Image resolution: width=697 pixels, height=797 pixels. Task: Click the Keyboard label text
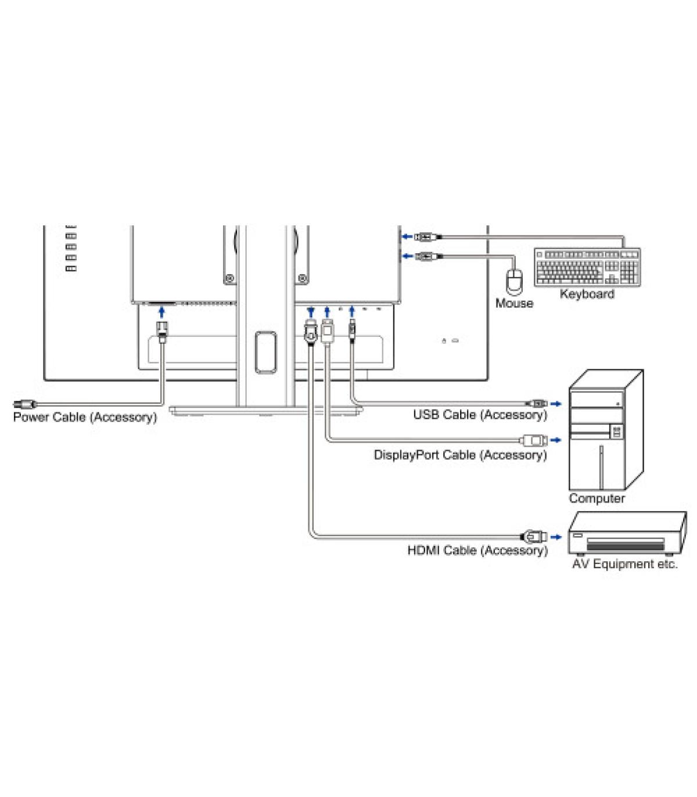[x=587, y=294]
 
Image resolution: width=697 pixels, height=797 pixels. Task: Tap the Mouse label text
[x=514, y=303]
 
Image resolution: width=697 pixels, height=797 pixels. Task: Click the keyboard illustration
[x=587, y=267]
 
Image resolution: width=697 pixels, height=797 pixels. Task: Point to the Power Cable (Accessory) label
[x=85, y=417]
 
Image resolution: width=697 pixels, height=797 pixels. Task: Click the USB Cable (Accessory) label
[x=480, y=415]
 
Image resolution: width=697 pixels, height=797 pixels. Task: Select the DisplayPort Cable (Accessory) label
[x=460, y=455]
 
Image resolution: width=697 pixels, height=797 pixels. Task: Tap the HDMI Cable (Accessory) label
[x=477, y=550]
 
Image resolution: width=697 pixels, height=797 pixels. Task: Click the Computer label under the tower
[x=597, y=498]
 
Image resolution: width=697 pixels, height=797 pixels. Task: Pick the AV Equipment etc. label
[x=625, y=564]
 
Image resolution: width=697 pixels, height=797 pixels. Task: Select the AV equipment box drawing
[x=626, y=533]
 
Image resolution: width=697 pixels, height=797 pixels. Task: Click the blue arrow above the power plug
[x=162, y=313]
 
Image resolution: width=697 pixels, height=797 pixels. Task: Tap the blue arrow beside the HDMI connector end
[x=556, y=537]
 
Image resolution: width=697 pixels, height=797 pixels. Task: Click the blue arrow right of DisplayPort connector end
[x=556, y=440]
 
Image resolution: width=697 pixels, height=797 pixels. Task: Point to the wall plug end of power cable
[x=24, y=404]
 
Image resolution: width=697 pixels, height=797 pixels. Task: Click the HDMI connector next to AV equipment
[x=534, y=536]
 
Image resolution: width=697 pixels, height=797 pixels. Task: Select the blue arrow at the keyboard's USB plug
[x=407, y=237]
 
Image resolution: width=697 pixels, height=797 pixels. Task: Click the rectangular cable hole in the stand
[x=265, y=351]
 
